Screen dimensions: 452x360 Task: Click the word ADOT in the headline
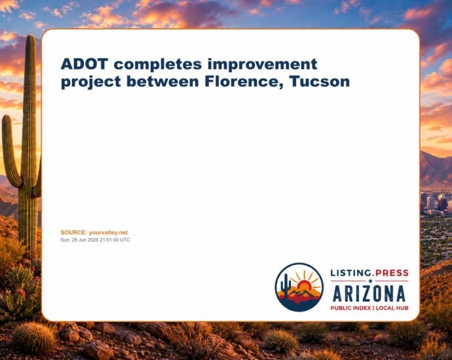[x=84, y=63]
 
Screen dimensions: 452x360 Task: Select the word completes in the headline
[x=158, y=64]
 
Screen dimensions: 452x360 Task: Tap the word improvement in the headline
[x=262, y=64]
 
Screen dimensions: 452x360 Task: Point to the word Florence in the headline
[x=244, y=82]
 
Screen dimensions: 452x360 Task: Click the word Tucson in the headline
[x=320, y=82]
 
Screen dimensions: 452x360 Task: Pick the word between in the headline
[x=162, y=82]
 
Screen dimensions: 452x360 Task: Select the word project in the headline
[x=91, y=82]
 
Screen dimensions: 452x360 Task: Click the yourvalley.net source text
[x=108, y=233]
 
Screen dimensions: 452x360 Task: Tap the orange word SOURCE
[x=73, y=232]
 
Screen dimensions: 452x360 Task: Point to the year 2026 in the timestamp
[x=94, y=240]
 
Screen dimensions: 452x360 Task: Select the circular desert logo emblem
[x=299, y=287]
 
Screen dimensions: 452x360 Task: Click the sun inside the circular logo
[x=304, y=285]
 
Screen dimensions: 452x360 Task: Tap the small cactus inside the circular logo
[x=286, y=286]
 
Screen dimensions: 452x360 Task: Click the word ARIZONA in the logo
[x=369, y=294]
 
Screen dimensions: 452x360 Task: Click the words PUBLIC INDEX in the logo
[x=350, y=308]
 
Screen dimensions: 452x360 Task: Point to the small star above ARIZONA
[x=370, y=281]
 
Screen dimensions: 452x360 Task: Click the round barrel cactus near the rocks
[x=33, y=337]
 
